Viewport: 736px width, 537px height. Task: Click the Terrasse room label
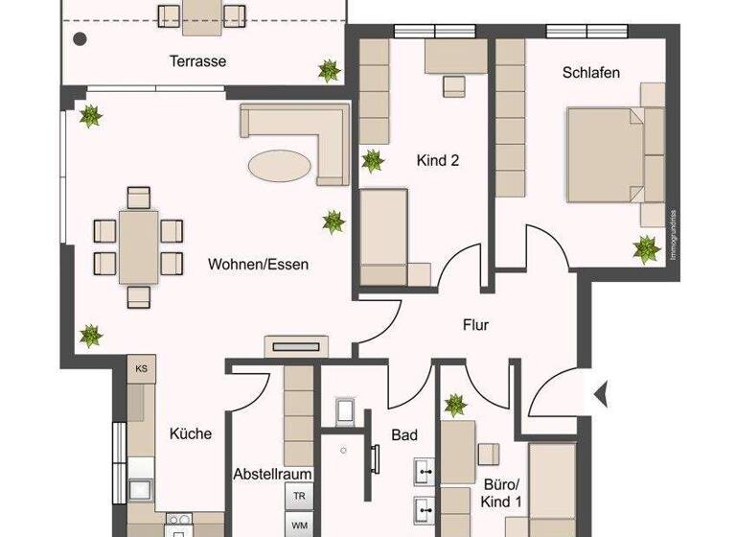point(197,61)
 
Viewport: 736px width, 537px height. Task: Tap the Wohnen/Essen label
point(258,264)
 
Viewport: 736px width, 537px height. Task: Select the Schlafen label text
point(590,72)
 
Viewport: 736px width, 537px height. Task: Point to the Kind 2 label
point(438,161)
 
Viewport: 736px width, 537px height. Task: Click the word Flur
point(475,325)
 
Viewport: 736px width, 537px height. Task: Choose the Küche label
point(190,433)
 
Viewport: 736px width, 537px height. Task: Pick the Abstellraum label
point(273,474)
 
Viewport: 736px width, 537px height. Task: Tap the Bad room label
point(404,435)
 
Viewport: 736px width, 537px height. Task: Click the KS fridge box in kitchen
point(141,368)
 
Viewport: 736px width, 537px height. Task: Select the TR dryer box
point(299,497)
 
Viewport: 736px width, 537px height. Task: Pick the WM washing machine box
point(299,525)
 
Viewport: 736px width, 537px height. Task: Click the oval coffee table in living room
point(280,164)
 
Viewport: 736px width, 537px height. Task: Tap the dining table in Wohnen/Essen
point(139,246)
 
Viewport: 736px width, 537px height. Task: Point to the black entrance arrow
point(602,393)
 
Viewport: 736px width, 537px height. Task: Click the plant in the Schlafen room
point(647,250)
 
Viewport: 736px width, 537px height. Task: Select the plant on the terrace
point(330,70)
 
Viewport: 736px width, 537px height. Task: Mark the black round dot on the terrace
point(80,39)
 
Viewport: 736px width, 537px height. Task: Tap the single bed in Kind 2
point(384,235)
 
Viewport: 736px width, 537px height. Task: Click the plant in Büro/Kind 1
point(455,405)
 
